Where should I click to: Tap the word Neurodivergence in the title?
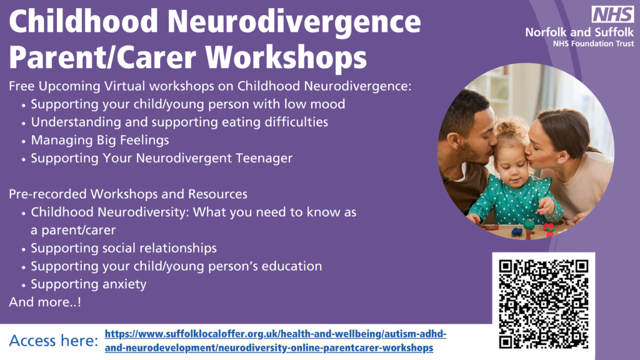tap(294, 22)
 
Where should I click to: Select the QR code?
tap(543, 304)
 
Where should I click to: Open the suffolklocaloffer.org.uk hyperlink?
tap(276, 341)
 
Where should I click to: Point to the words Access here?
tap(54, 341)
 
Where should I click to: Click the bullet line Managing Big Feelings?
tap(100, 140)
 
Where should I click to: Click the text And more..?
tap(45, 302)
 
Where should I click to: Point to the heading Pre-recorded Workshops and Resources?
tap(128, 194)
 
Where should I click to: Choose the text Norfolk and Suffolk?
tap(579, 32)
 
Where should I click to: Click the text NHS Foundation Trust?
tap(594, 44)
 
